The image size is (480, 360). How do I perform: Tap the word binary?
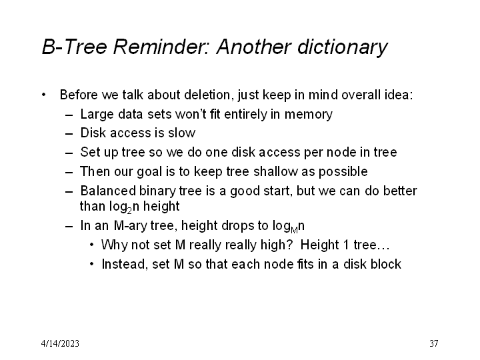153,191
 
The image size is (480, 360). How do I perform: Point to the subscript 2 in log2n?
129,210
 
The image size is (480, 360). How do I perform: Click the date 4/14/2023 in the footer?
60,343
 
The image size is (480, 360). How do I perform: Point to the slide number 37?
433,343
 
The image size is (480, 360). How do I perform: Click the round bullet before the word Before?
44,95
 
